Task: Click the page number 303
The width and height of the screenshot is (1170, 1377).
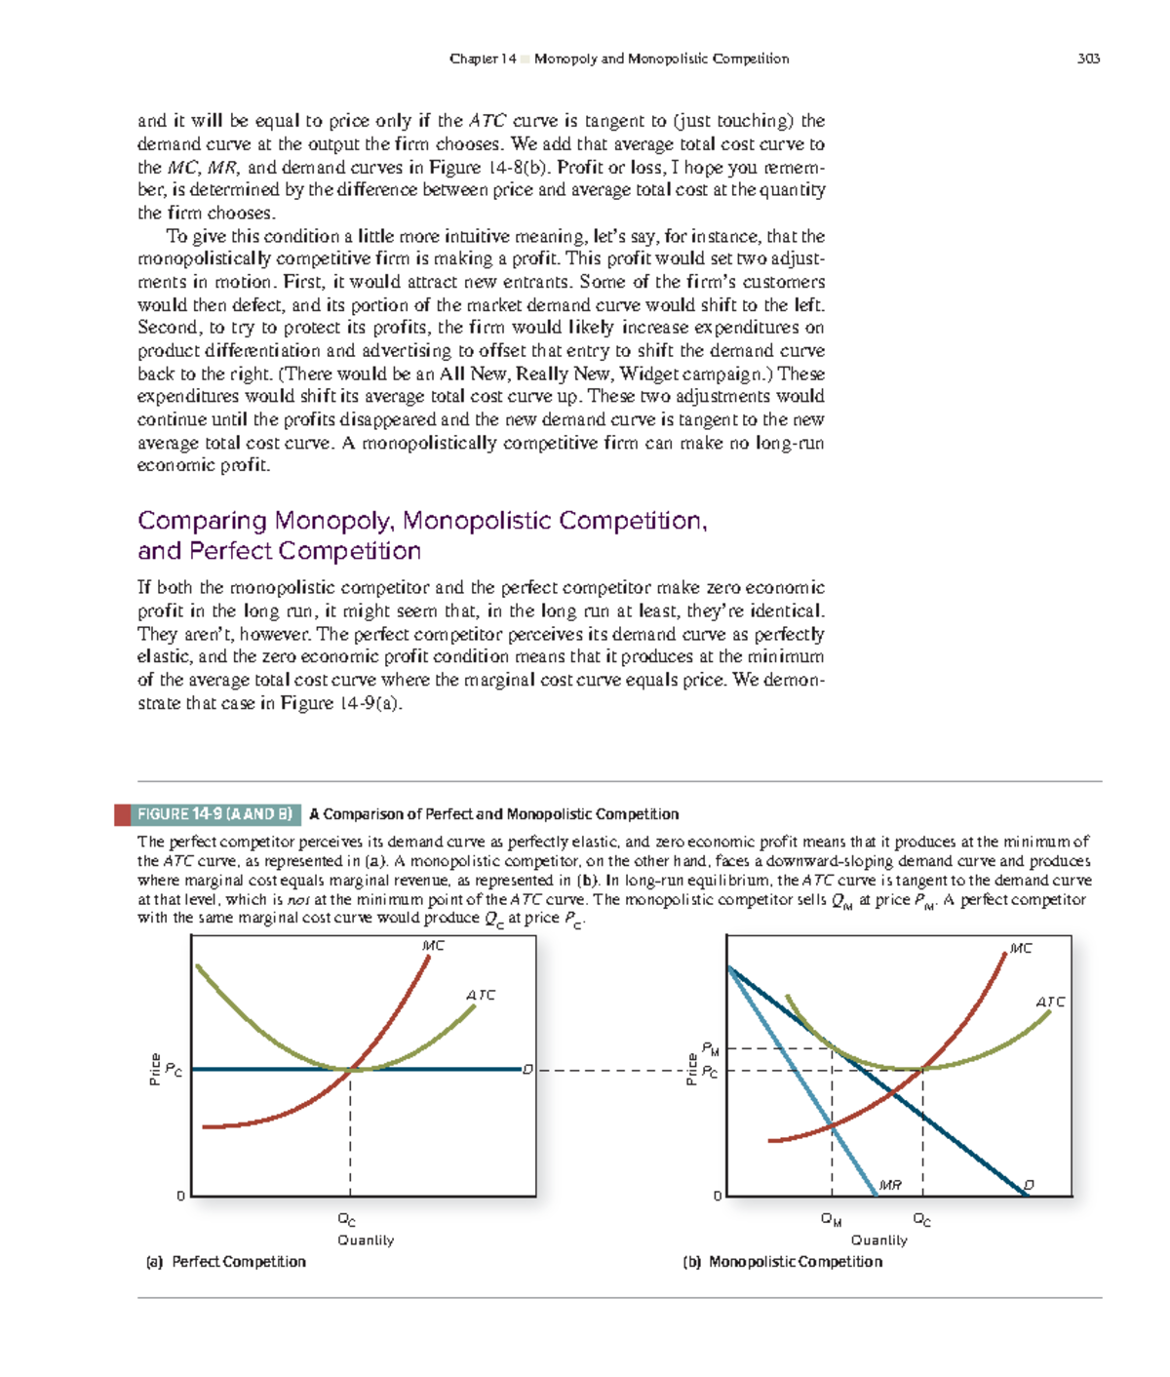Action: pos(1088,59)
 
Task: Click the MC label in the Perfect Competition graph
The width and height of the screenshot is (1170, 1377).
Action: pos(433,945)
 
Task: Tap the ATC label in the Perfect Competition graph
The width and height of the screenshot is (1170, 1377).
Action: pos(481,995)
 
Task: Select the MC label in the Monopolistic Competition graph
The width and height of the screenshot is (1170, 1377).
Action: pos(1021,948)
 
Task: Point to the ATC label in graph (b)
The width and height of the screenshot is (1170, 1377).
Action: pos(1050,1002)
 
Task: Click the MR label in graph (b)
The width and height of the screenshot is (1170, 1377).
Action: pos(890,1185)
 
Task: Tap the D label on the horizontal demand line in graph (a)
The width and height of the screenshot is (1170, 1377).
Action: pos(527,1070)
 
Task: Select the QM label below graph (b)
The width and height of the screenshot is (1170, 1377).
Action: pos(831,1219)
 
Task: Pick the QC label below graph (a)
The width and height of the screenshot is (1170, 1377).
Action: pos(346,1219)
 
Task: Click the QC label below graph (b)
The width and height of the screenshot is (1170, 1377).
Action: pos(921,1219)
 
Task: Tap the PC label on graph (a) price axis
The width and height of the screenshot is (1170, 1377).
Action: pos(173,1070)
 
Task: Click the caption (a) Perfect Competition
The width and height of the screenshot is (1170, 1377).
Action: pos(225,1262)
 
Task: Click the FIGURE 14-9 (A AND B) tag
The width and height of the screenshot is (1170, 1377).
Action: pos(214,814)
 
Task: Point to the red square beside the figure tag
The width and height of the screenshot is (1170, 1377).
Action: pos(122,814)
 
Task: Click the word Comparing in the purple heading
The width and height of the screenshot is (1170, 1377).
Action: pos(202,521)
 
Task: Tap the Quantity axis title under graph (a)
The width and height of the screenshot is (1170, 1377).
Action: pos(366,1240)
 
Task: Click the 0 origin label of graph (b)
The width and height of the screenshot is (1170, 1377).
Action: pos(718,1196)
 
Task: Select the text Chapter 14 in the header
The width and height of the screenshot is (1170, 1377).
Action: pos(483,59)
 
